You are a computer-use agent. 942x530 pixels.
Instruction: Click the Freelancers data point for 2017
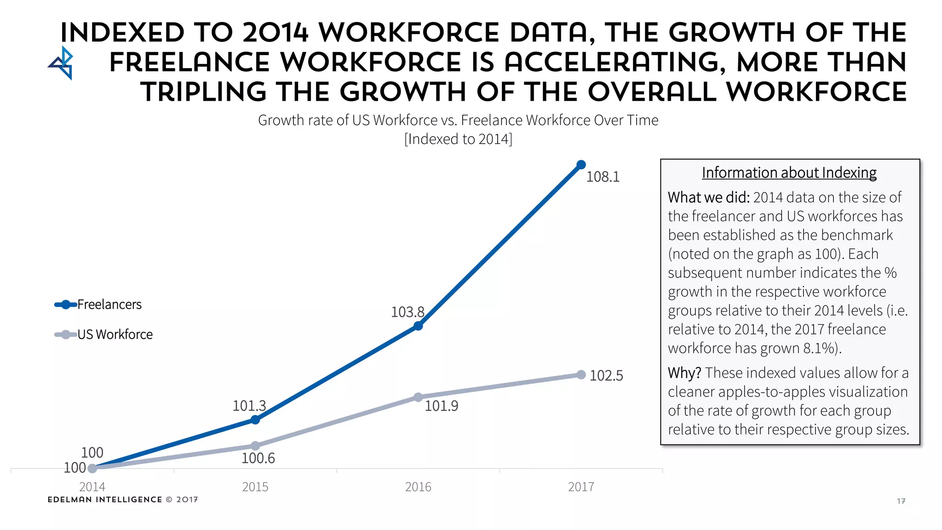(581, 165)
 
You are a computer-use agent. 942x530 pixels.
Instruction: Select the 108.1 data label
(603, 177)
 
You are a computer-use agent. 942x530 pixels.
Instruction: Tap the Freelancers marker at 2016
(418, 326)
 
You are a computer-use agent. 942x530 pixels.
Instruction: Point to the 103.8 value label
(408, 312)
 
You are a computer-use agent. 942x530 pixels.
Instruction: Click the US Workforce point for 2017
(581, 375)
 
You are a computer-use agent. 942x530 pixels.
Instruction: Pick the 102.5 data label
(606, 375)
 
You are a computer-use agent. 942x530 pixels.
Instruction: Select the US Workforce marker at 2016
(418, 397)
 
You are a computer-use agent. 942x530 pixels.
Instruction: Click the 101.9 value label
(441, 406)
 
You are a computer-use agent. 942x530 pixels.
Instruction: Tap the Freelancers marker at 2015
(255, 420)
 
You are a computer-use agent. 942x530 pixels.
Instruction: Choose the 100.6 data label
(258, 458)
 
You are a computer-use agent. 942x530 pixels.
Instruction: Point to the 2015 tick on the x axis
(255, 487)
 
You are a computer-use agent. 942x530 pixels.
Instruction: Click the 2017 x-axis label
(581, 487)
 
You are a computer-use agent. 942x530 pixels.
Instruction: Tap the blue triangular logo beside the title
(62, 63)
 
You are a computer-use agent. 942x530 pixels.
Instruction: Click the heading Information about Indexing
(789, 173)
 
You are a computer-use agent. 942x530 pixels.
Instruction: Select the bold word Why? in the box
(684, 373)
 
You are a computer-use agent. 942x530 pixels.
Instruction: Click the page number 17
(901, 501)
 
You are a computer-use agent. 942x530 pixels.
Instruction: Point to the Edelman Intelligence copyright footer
(123, 500)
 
